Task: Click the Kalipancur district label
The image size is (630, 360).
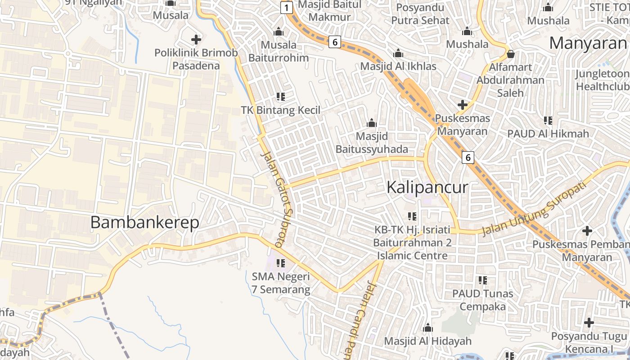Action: tap(427, 187)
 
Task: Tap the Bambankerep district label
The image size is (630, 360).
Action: tap(144, 222)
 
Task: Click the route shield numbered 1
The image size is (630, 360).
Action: tap(286, 7)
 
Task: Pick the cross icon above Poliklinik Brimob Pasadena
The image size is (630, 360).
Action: tap(196, 40)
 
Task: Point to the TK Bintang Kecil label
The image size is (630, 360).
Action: tap(281, 110)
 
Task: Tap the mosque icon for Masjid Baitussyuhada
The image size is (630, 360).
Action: tap(372, 122)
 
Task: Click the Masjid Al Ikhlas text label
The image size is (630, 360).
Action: tap(398, 66)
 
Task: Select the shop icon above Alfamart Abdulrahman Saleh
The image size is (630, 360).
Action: tap(510, 54)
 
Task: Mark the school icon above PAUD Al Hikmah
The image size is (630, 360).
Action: tap(548, 120)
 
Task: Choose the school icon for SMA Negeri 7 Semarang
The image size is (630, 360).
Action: tap(281, 263)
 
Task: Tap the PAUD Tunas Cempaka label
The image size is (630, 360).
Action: tap(483, 300)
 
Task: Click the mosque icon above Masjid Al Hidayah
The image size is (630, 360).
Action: tap(428, 328)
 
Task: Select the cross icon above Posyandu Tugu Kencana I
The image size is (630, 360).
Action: tap(589, 323)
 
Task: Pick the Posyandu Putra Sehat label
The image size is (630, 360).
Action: tap(420, 14)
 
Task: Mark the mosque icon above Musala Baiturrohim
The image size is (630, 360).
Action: tap(279, 31)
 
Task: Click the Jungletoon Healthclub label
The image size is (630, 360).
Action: tap(603, 80)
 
